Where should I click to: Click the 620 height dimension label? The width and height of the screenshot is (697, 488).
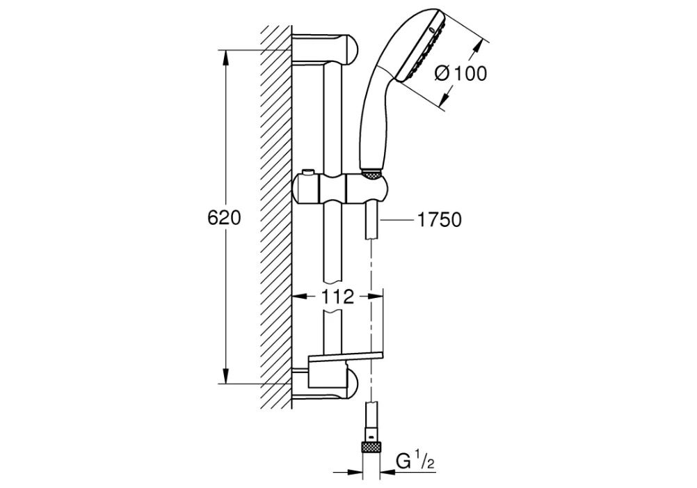pos(224,218)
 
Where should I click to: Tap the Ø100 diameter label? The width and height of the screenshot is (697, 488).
pos(460,74)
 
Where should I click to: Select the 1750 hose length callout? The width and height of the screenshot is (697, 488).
pos(439,220)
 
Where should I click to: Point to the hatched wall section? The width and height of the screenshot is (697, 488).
pos(275,216)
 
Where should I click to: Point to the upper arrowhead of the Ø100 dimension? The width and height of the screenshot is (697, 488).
pos(477,46)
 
